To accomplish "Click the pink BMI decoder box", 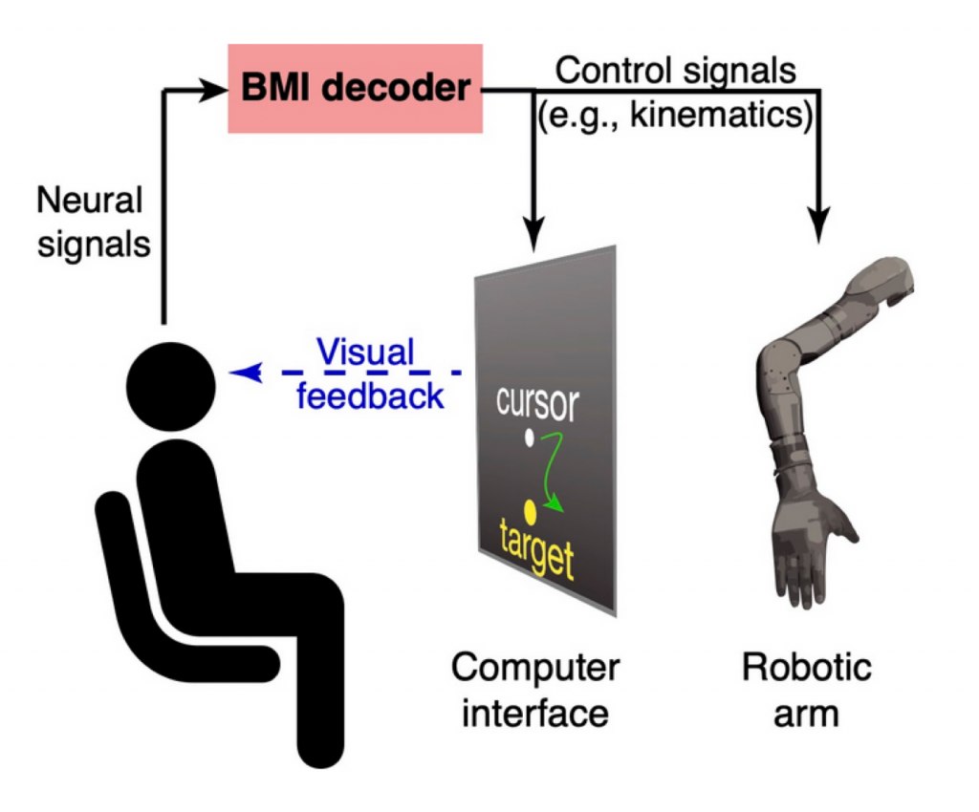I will coord(355,88).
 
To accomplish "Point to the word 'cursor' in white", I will coord(537,404).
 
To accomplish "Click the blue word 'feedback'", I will coord(370,395).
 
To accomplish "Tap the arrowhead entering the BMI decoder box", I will coord(216,90).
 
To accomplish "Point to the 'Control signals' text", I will coord(676,70).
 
